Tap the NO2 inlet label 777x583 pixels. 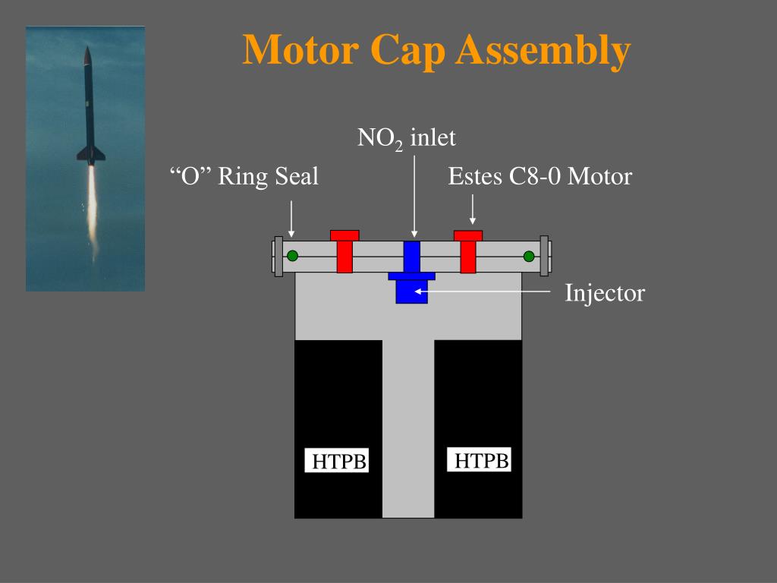coord(407,138)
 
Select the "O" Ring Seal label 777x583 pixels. coord(244,177)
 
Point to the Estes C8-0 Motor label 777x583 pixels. coord(539,177)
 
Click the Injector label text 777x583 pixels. coord(604,292)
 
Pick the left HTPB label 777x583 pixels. coord(339,462)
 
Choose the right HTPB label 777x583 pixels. coord(481,460)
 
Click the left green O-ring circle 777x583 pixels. coord(292,257)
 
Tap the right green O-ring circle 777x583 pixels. coord(529,257)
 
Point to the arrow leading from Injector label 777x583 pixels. coord(486,290)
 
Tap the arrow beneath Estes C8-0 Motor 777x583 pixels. coord(473,209)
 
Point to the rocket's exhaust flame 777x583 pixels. coord(92,205)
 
